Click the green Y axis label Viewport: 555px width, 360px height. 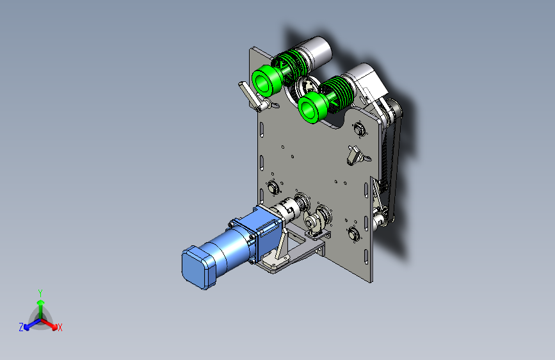[40, 293]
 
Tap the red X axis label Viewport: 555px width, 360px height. [60, 328]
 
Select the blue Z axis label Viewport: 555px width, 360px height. [21, 327]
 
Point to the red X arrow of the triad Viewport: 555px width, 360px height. [48, 323]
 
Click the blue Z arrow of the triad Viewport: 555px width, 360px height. [32, 324]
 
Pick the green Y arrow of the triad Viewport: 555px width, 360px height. [41, 309]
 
